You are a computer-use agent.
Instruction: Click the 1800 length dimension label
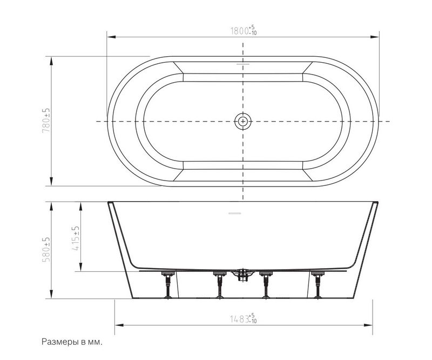244,30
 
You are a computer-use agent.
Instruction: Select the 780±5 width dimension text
46,120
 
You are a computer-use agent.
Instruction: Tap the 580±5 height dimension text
46,249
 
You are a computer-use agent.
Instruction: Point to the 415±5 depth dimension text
75,238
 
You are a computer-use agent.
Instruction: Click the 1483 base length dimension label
244,318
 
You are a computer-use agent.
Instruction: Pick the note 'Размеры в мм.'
72,342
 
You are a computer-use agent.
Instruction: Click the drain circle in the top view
242,121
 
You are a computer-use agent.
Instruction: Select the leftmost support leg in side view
168,285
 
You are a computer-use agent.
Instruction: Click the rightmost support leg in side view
318,285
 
